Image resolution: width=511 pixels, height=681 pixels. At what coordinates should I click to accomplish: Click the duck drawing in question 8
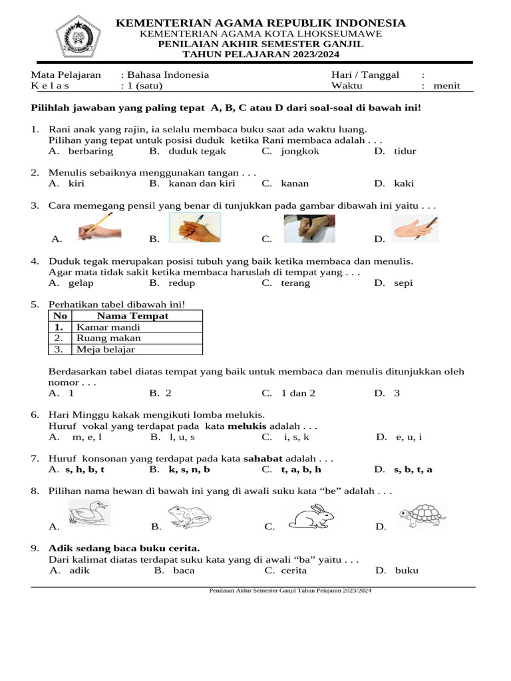pos(89,513)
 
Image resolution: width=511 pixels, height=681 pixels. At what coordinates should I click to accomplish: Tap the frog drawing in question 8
pos(190,516)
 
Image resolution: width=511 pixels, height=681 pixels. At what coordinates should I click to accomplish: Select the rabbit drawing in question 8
pos(311,516)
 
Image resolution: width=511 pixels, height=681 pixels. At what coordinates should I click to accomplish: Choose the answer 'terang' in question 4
pos(295,283)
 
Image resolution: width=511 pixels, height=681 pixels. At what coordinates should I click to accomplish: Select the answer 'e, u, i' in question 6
pos(409,437)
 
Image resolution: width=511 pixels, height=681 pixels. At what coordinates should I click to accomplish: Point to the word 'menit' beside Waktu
pos(446,86)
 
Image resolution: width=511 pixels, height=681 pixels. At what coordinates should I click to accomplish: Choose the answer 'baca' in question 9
pos(184,571)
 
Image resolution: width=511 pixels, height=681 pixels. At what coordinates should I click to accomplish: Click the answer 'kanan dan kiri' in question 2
pos(202,184)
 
